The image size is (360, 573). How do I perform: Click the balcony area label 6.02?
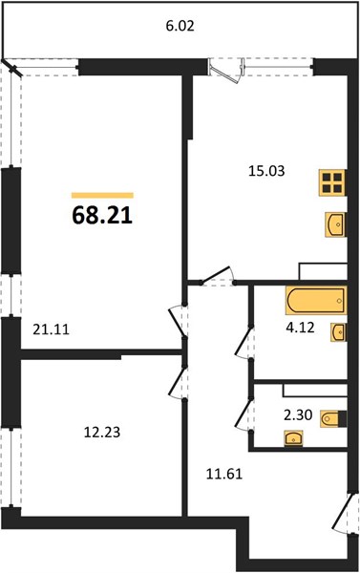(x=180, y=27)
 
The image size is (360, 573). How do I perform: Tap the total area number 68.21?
(x=102, y=215)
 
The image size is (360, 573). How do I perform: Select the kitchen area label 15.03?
(x=266, y=171)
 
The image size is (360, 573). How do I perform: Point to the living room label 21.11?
(x=51, y=330)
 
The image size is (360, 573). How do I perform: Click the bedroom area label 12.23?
(x=102, y=433)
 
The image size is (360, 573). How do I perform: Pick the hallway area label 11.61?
(x=224, y=475)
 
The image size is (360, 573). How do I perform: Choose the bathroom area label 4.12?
(x=300, y=328)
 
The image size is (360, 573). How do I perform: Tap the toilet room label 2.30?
(x=298, y=415)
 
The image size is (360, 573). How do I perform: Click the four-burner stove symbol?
(x=332, y=182)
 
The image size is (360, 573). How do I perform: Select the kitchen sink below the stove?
(x=335, y=225)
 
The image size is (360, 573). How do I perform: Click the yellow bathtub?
(x=316, y=301)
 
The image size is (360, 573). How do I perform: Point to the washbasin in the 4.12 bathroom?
(x=338, y=332)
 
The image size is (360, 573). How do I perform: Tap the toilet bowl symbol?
(x=333, y=418)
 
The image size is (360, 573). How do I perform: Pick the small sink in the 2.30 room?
(x=293, y=437)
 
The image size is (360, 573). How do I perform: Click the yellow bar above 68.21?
(x=102, y=196)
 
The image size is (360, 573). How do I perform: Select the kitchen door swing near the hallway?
(x=218, y=276)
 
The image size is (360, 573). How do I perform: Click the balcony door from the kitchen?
(x=226, y=70)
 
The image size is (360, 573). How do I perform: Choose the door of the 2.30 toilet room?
(x=244, y=415)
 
